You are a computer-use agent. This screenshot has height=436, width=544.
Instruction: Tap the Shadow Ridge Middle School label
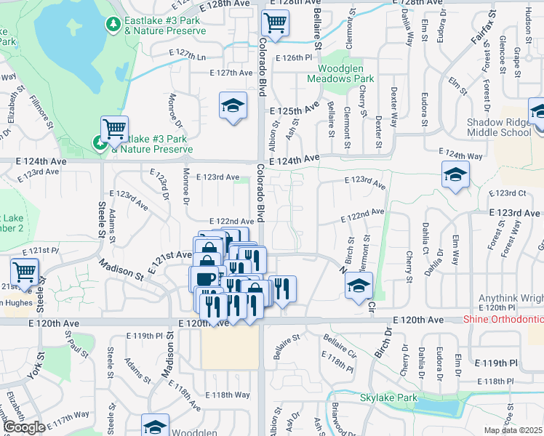pos(499,127)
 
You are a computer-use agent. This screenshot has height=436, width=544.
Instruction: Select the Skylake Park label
pos(388,397)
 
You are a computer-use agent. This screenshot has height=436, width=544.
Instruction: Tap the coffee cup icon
pos(204,279)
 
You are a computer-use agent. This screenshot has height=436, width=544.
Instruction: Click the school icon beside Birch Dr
pos(359,285)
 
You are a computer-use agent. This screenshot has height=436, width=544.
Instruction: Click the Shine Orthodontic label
pos(503,320)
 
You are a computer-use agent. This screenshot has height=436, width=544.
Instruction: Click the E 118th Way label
pos(231,395)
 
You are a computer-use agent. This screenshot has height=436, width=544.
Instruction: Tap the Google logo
pos(23,427)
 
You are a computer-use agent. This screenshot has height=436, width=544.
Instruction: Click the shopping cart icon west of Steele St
pos(24,272)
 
